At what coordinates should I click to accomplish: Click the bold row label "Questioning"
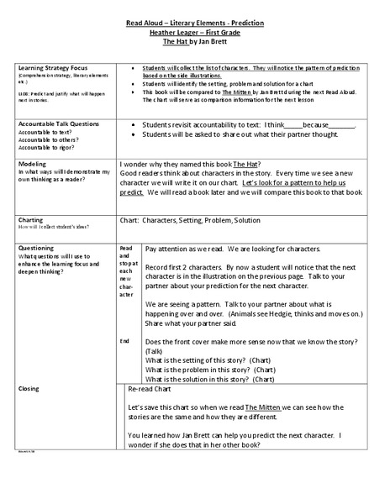(38, 249)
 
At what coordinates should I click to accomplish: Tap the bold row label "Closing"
(29, 390)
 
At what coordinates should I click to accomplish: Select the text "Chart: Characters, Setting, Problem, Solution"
(190, 220)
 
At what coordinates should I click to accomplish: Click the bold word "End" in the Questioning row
(124, 341)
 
